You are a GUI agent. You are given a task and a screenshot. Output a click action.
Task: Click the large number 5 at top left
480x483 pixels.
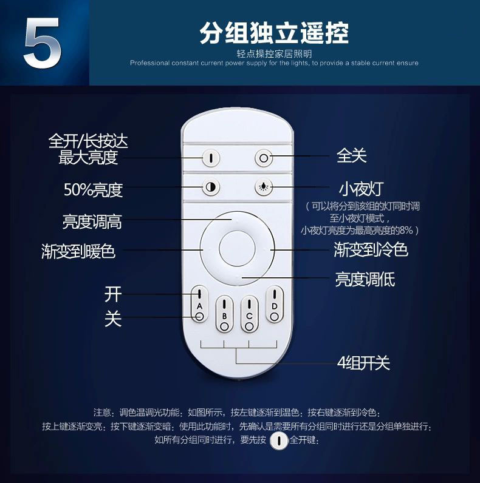click(43, 43)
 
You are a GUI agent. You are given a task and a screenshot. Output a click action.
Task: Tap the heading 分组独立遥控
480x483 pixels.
click(274, 33)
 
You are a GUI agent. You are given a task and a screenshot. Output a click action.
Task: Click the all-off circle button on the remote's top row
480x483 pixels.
click(264, 158)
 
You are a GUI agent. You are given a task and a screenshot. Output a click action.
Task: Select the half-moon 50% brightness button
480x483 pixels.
click(211, 187)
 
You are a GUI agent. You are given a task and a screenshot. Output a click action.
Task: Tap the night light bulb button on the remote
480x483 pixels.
click(264, 187)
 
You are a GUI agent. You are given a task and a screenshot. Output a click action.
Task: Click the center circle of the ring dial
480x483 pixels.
click(237, 248)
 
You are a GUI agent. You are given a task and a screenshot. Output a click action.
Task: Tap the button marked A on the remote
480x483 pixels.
click(199, 305)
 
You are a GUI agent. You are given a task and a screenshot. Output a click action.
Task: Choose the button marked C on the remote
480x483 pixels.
click(249, 314)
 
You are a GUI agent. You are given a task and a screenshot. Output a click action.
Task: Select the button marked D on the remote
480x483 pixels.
click(274, 305)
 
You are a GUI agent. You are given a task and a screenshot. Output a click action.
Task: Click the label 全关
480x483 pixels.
click(351, 155)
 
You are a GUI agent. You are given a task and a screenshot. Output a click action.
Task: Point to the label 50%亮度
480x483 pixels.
click(93, 190)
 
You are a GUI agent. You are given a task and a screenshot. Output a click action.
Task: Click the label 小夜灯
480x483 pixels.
click(361, 189)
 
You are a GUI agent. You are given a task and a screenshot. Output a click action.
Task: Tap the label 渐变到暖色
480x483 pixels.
click(78, 251)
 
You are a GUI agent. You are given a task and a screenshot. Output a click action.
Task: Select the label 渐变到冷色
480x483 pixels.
click(371, 249)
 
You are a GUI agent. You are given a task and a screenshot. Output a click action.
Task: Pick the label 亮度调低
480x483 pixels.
click(365, 279)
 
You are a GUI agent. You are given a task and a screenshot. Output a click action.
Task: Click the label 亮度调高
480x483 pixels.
click(92, 221)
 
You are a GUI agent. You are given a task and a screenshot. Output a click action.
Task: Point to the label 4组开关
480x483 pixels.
click(363, 363)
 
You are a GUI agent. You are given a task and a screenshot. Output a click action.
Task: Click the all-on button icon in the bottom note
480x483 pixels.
click(279, 441)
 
